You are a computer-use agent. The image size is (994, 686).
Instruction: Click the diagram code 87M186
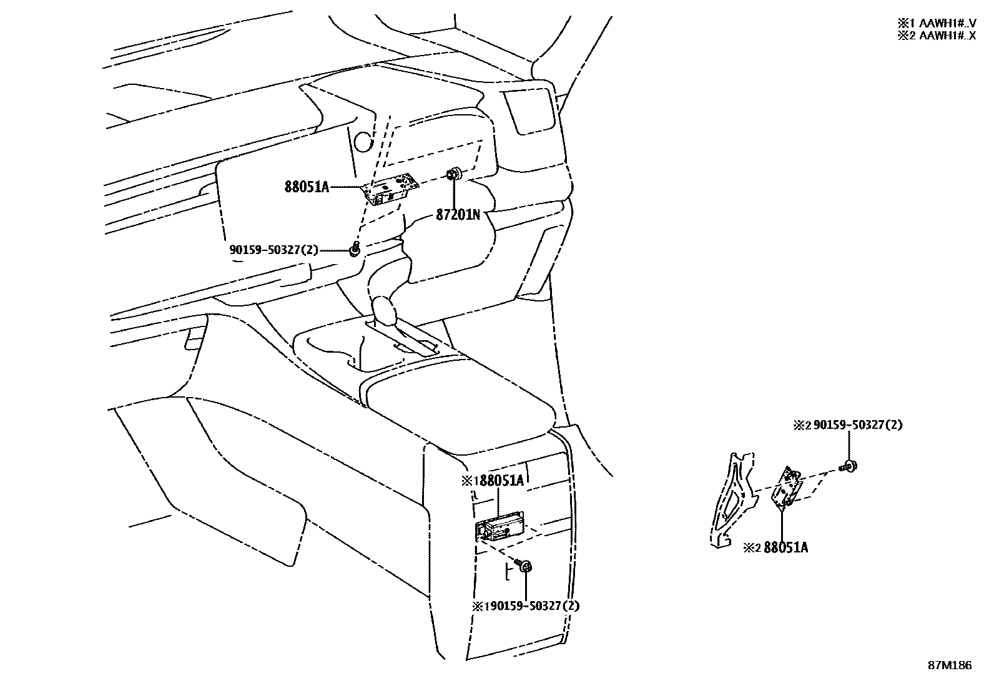click(x=949, y=665)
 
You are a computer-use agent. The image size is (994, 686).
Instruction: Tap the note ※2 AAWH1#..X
click(x=937, y=36)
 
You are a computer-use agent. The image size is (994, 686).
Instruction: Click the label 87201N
click(x=458, y=215)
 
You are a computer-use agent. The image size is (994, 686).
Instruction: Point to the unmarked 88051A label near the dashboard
click(x=307, y=187)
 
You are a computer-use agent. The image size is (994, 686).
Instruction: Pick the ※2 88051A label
click(x=776, y=548)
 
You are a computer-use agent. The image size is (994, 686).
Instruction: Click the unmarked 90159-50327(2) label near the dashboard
click(x=273, y=250)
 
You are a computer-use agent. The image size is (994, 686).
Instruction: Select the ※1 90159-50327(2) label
click(x=526, y=606)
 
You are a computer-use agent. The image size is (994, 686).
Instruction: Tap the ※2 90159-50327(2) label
click(x=849, y=426)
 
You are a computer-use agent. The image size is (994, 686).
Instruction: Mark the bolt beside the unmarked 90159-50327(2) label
click(x=355, y=250)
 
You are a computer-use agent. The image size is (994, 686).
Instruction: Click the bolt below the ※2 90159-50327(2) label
click(x=849, y=466)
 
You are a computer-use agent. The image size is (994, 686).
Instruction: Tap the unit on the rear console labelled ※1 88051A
click(x=500, y=529)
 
